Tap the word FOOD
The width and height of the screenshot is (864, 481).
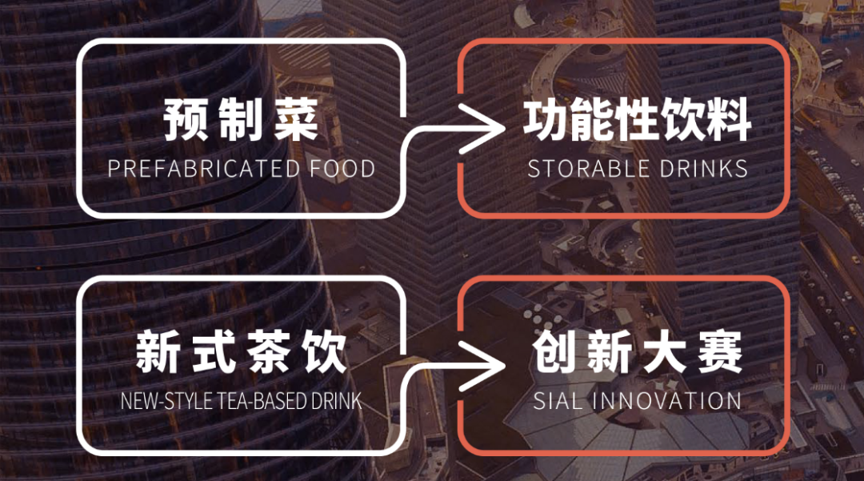pos(342,169)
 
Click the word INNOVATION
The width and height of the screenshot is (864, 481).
pos(666,400)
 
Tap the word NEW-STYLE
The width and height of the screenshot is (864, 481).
pos(166,401)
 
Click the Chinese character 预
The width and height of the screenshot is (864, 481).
pos(185,119)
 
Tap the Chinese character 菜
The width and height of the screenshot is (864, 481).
pos(296,119)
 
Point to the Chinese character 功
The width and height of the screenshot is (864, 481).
pos(546,119)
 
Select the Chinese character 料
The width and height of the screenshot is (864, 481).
pos(730,119)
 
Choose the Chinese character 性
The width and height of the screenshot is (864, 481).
pos(638,119)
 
